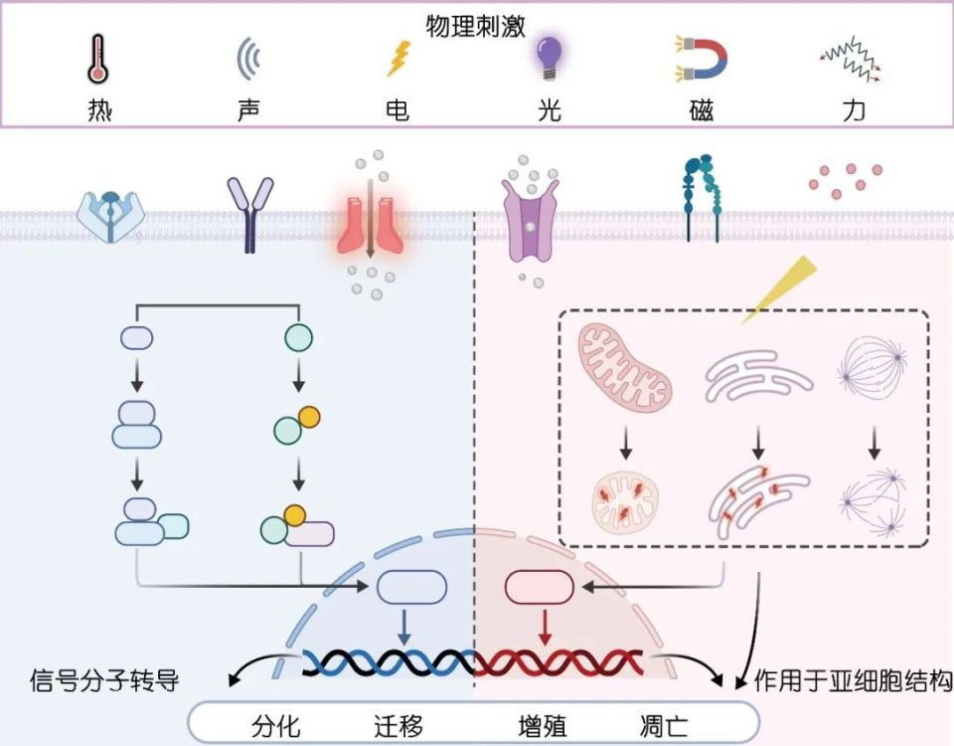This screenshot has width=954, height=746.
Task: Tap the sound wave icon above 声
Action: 248,59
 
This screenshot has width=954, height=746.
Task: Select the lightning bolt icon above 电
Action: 397,59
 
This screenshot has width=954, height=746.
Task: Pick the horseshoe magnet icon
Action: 702,58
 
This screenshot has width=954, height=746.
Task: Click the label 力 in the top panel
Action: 853,109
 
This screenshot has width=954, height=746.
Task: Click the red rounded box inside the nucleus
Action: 540,588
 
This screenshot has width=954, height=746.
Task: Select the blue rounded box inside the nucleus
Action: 411,588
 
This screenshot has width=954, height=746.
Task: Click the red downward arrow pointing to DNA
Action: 543,627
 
